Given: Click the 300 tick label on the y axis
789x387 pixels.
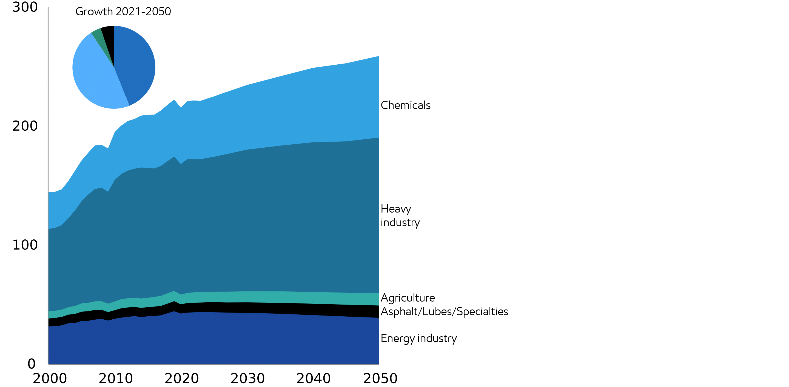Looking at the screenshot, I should point(25,7).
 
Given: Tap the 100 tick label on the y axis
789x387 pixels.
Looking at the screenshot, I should point(25,245).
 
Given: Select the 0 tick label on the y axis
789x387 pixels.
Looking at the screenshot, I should point(32,364).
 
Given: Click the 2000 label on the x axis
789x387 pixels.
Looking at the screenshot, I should point(50,379).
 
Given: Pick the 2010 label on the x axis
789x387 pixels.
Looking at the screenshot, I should point(116,379).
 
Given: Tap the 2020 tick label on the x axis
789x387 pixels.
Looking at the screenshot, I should point(182,379).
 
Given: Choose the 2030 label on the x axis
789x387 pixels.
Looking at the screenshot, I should point(247,379).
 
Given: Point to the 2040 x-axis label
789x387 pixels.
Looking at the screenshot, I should point(313,379).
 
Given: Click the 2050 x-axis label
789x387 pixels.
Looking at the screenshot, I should point(380,379).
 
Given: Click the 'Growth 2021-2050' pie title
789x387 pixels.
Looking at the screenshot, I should point(123,12).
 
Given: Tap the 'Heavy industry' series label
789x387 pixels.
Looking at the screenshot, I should point(400,216).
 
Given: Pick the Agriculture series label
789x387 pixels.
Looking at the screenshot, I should point(408,298).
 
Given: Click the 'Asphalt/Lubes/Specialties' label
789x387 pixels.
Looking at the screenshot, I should point(444,312).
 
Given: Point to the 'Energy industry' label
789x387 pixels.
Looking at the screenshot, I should point(418,338).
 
